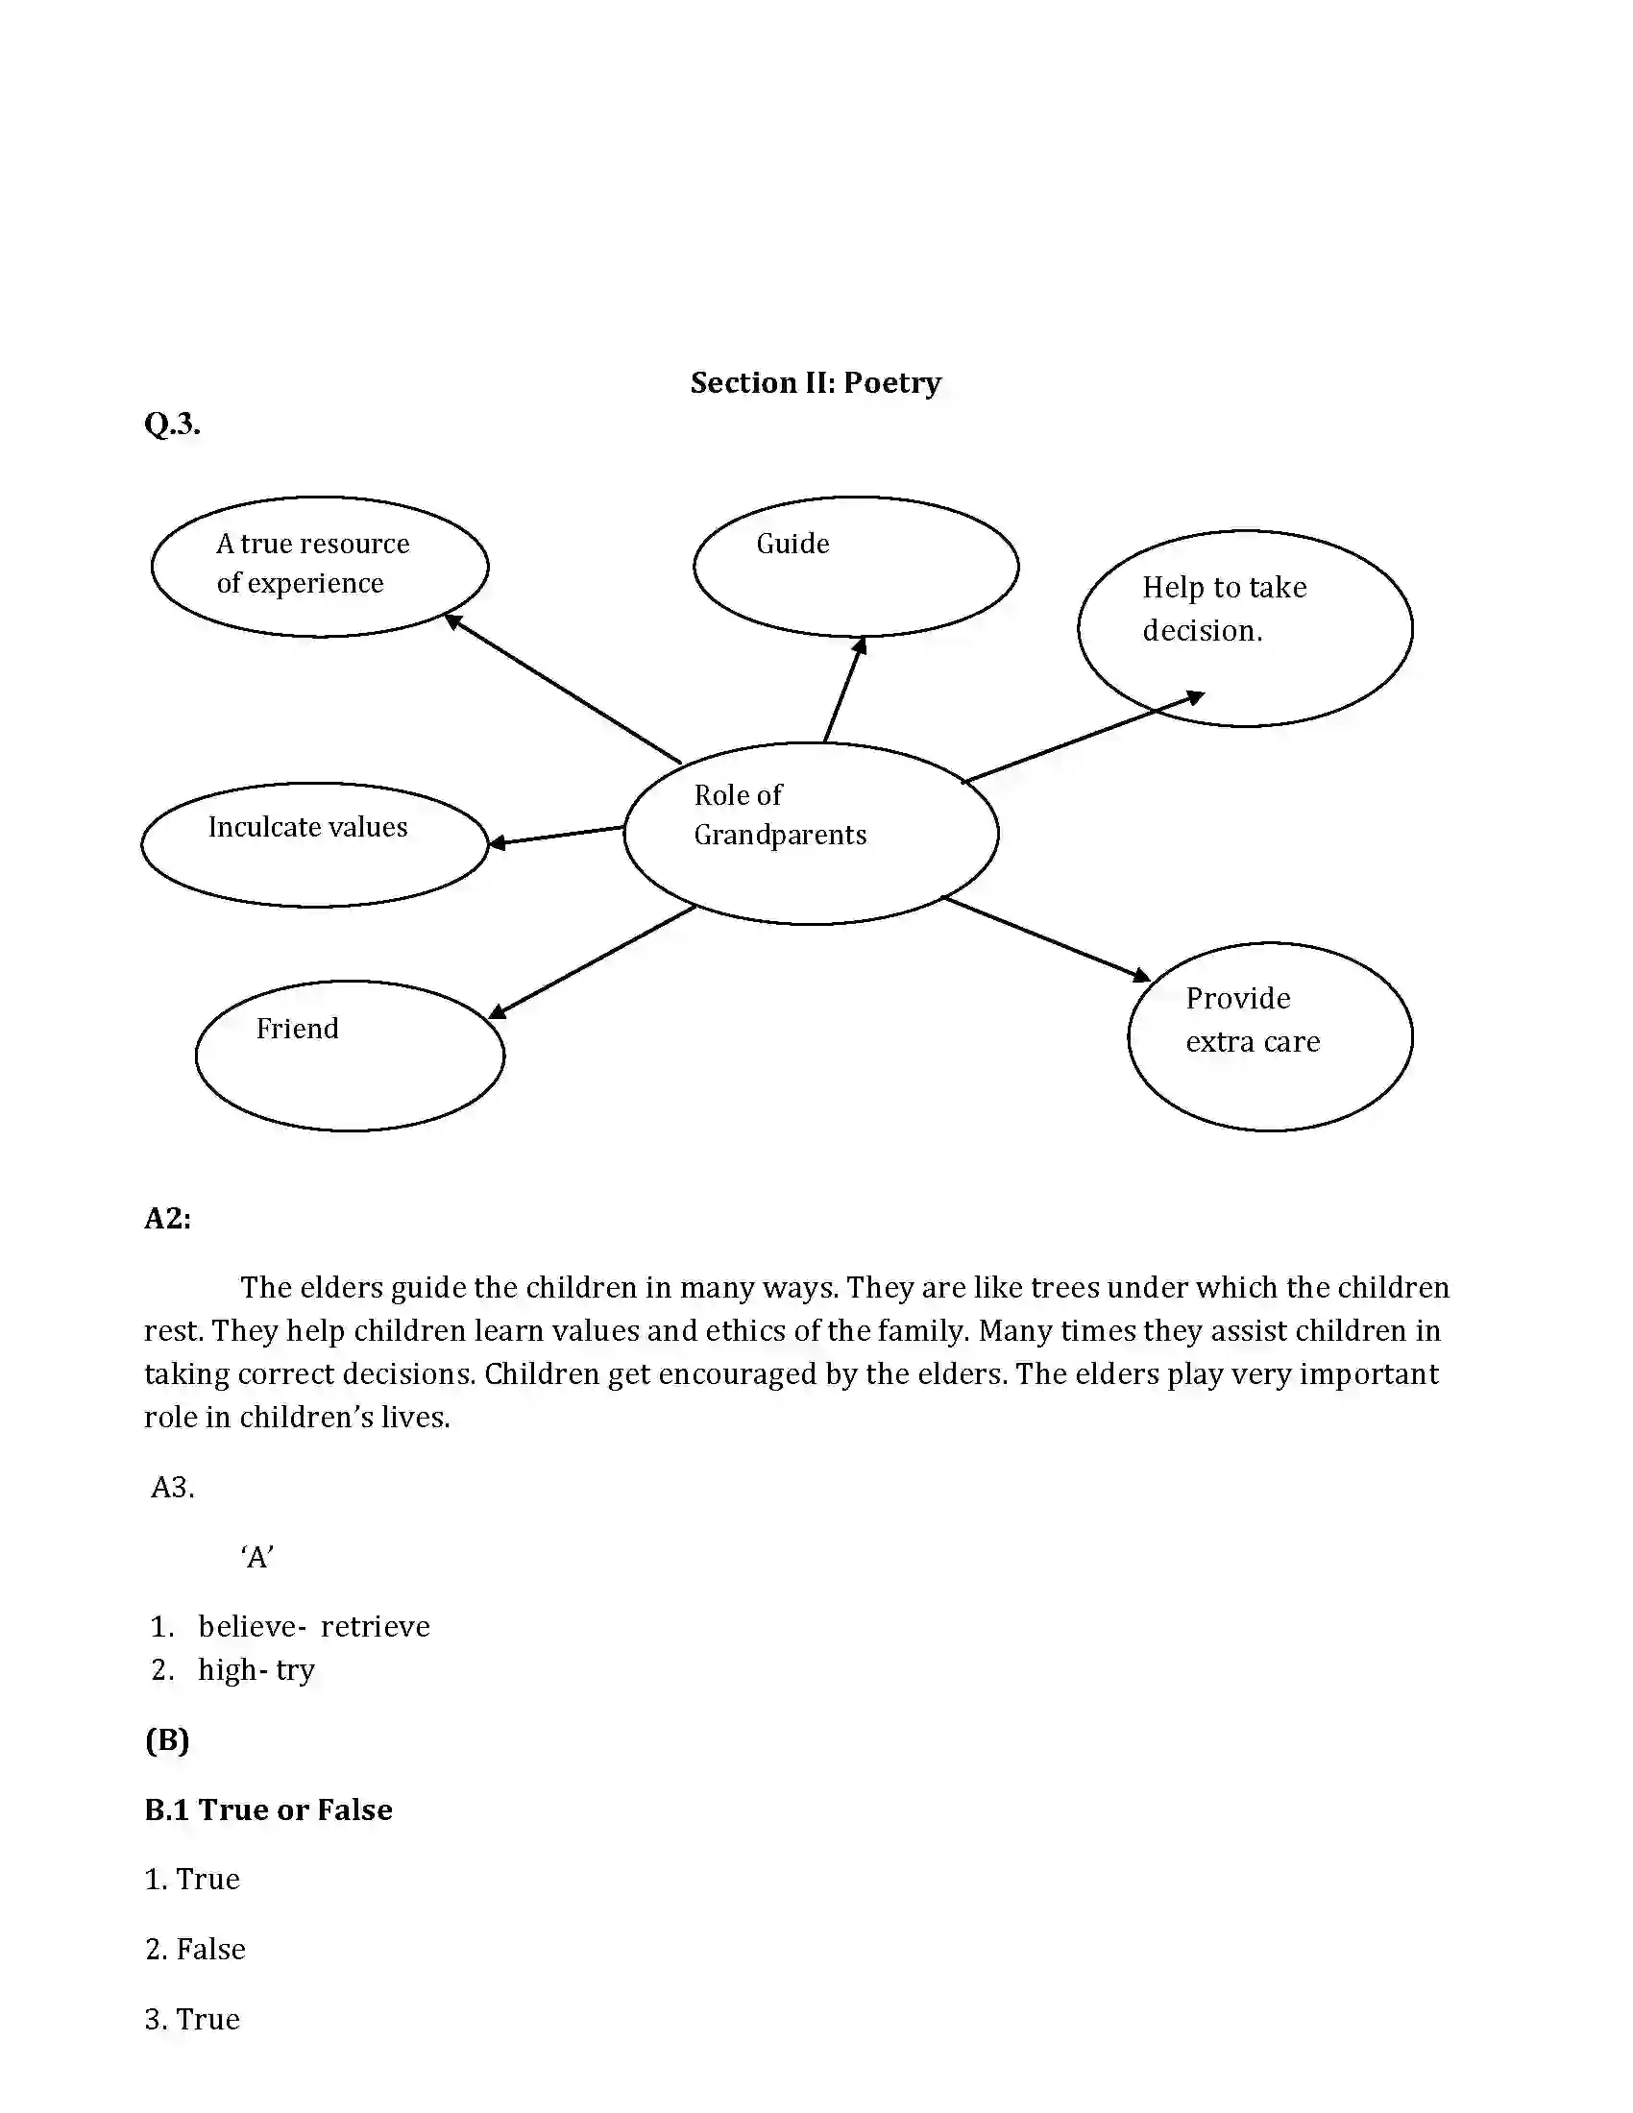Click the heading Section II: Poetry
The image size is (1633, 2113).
click(x=816, y=383)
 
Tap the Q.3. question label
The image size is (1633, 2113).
click(x=172, y=424)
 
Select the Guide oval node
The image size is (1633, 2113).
click(x=855, y=567)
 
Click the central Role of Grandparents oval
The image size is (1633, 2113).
click(x=811, y=833)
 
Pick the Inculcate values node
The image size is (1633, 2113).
click(x=314, y=843)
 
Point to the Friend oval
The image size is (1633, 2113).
click(x=350, y=1055)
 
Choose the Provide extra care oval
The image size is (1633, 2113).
click(x=1269, y=1036)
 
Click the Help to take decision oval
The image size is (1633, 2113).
click(x=1244, y=628)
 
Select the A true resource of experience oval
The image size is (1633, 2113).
click(x=319, y=567)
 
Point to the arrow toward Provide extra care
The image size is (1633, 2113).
click(x=1045, y=938)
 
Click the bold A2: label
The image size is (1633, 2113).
click(x=167, y=1218)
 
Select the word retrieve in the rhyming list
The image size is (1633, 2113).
click(x=375, y=1626)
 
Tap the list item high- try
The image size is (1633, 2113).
click(x=256, y=1670)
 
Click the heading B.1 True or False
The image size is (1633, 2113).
click(x=268, y=1809)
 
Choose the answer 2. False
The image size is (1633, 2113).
click(x=195, y=1949)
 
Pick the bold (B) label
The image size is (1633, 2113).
click(x=167, y=1739)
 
